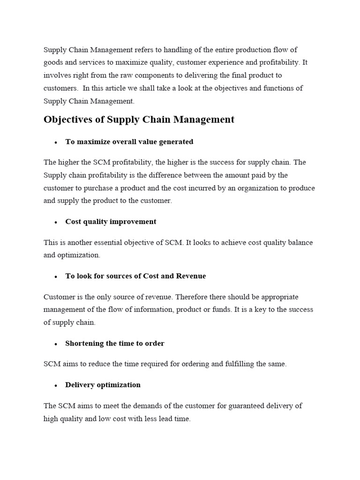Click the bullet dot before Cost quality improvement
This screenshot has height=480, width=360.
click(x=55, y=222)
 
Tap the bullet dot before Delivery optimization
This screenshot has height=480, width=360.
click(x=55, y=385)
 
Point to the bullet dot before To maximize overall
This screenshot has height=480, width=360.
click(x=55, y=142)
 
